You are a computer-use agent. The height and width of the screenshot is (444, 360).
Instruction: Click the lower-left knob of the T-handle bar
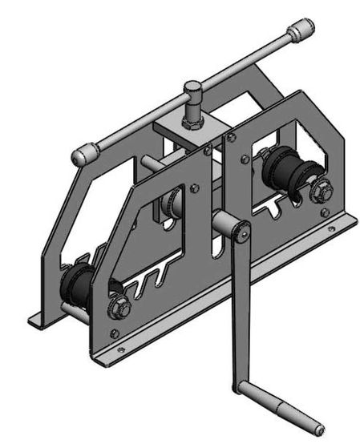(x=83, y=155)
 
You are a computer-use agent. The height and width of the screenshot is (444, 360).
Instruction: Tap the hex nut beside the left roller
(x=119, y=303)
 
